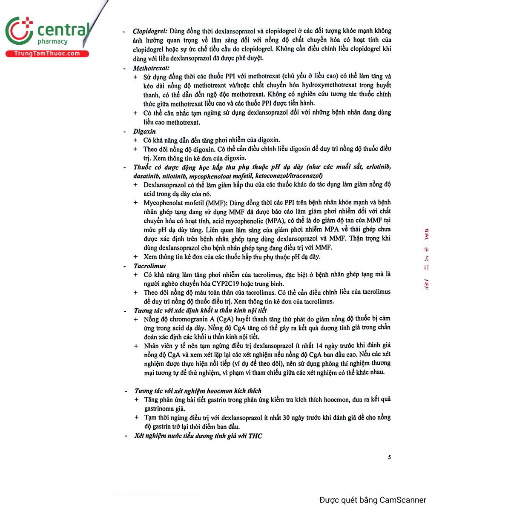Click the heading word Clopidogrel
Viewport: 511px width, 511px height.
[149, 31]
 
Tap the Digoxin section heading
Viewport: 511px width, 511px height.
[144, 132]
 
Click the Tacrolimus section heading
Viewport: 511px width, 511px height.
[149, 266]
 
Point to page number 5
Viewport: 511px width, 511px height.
[389, 457]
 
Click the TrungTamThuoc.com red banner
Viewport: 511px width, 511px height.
[47, 54]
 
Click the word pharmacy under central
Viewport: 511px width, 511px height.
[52, 42]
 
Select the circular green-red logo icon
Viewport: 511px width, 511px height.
[19, 31]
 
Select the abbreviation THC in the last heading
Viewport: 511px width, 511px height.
[255, 436]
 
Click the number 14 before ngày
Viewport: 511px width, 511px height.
[319, 346]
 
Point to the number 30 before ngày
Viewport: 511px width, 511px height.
[287, 418]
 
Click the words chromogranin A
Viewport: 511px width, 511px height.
[192, 319]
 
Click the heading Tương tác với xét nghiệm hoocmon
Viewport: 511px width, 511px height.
[198, 391]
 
